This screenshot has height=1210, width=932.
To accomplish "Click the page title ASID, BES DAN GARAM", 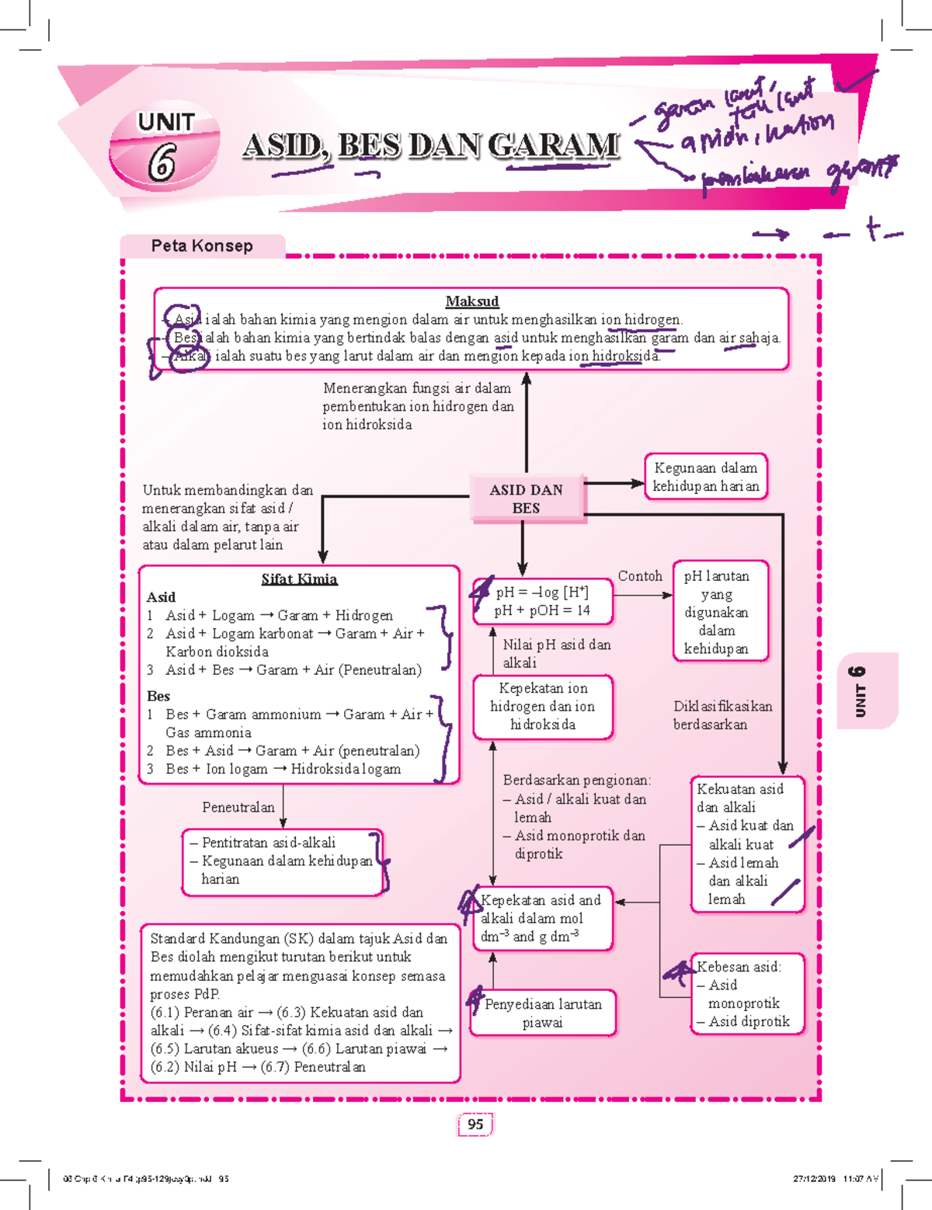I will [x=431, y=145].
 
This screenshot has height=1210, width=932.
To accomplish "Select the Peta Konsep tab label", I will [x=202, y=246].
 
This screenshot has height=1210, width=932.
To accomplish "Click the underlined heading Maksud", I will [x=471, y=301].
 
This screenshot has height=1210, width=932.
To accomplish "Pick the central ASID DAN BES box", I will [x=526, y=499].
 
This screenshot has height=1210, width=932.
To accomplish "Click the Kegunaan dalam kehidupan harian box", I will [x=705, y=477].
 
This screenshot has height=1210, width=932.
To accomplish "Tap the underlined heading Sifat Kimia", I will [x=299, y=579].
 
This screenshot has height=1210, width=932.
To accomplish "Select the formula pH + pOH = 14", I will [x=542, y=610].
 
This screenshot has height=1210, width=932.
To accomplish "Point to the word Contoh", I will [x=640, y=576].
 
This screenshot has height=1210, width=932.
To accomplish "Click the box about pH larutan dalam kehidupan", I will [x=716, y=612].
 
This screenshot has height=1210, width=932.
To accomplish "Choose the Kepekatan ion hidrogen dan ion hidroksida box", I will [x=542, y=706].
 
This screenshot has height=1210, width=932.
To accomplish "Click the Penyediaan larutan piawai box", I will [x=542, y=1013].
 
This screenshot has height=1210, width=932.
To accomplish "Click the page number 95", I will [x=475, y=1124].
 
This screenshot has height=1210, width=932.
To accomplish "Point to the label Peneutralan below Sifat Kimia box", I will [x=238, y=807].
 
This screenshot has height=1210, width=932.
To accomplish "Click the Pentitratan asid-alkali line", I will [x=269, y=843].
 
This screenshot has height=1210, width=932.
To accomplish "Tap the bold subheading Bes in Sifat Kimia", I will [x=158, y=696].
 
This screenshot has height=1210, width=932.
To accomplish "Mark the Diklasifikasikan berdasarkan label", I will [x=722, y=715].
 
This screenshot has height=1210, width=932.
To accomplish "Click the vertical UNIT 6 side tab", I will [x=858, y=691].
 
